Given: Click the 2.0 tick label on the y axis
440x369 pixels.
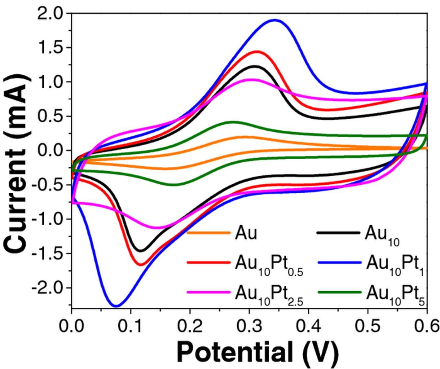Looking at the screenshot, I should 52,14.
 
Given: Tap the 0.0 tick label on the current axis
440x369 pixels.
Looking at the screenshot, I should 52,151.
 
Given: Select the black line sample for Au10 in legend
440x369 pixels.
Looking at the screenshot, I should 339,233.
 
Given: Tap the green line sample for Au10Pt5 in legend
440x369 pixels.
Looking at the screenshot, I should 339,292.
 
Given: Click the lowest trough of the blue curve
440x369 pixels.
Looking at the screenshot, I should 116,305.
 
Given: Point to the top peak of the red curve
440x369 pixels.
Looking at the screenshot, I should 256,52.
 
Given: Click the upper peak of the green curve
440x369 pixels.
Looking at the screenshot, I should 233,122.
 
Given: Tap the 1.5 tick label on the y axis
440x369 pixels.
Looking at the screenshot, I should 52,48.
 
